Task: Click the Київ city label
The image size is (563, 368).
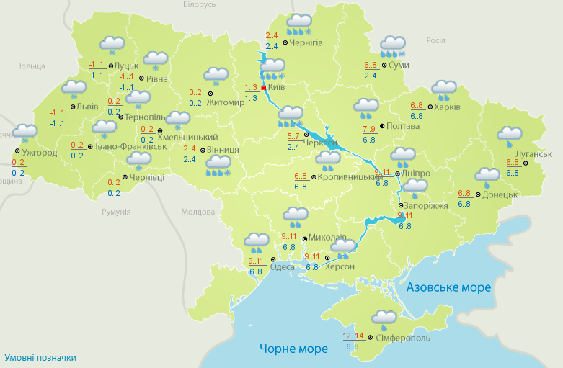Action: (277, 87)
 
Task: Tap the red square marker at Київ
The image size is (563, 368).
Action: (264, 87)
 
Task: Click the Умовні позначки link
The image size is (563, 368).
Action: (40, 357)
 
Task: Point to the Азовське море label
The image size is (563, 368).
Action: (448, 287)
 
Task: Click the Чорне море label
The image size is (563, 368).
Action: (293, 349)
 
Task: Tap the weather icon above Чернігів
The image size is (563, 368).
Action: (298, 24)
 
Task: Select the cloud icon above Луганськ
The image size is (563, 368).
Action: (510, 133)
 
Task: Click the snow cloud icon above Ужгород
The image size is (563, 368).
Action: (25, 133)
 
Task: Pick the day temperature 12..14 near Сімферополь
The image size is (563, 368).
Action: (353, 336)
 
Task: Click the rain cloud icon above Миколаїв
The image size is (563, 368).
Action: (295, 215)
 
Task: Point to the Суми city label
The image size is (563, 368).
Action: (399, 66)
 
